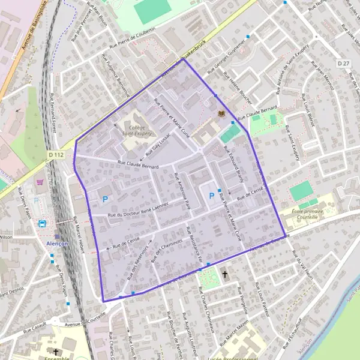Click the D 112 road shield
(55, 154)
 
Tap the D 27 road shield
(343, 63)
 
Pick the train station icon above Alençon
(43, 223)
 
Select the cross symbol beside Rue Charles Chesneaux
(225, 274)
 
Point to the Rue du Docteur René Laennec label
(139, 214)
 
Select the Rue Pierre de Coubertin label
(133, 38)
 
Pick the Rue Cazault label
(35, 329)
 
